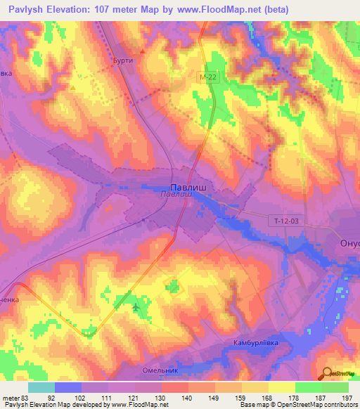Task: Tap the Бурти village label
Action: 123,61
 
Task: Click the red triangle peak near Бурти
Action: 144,51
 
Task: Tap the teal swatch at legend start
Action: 41,387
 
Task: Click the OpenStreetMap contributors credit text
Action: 320,405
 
